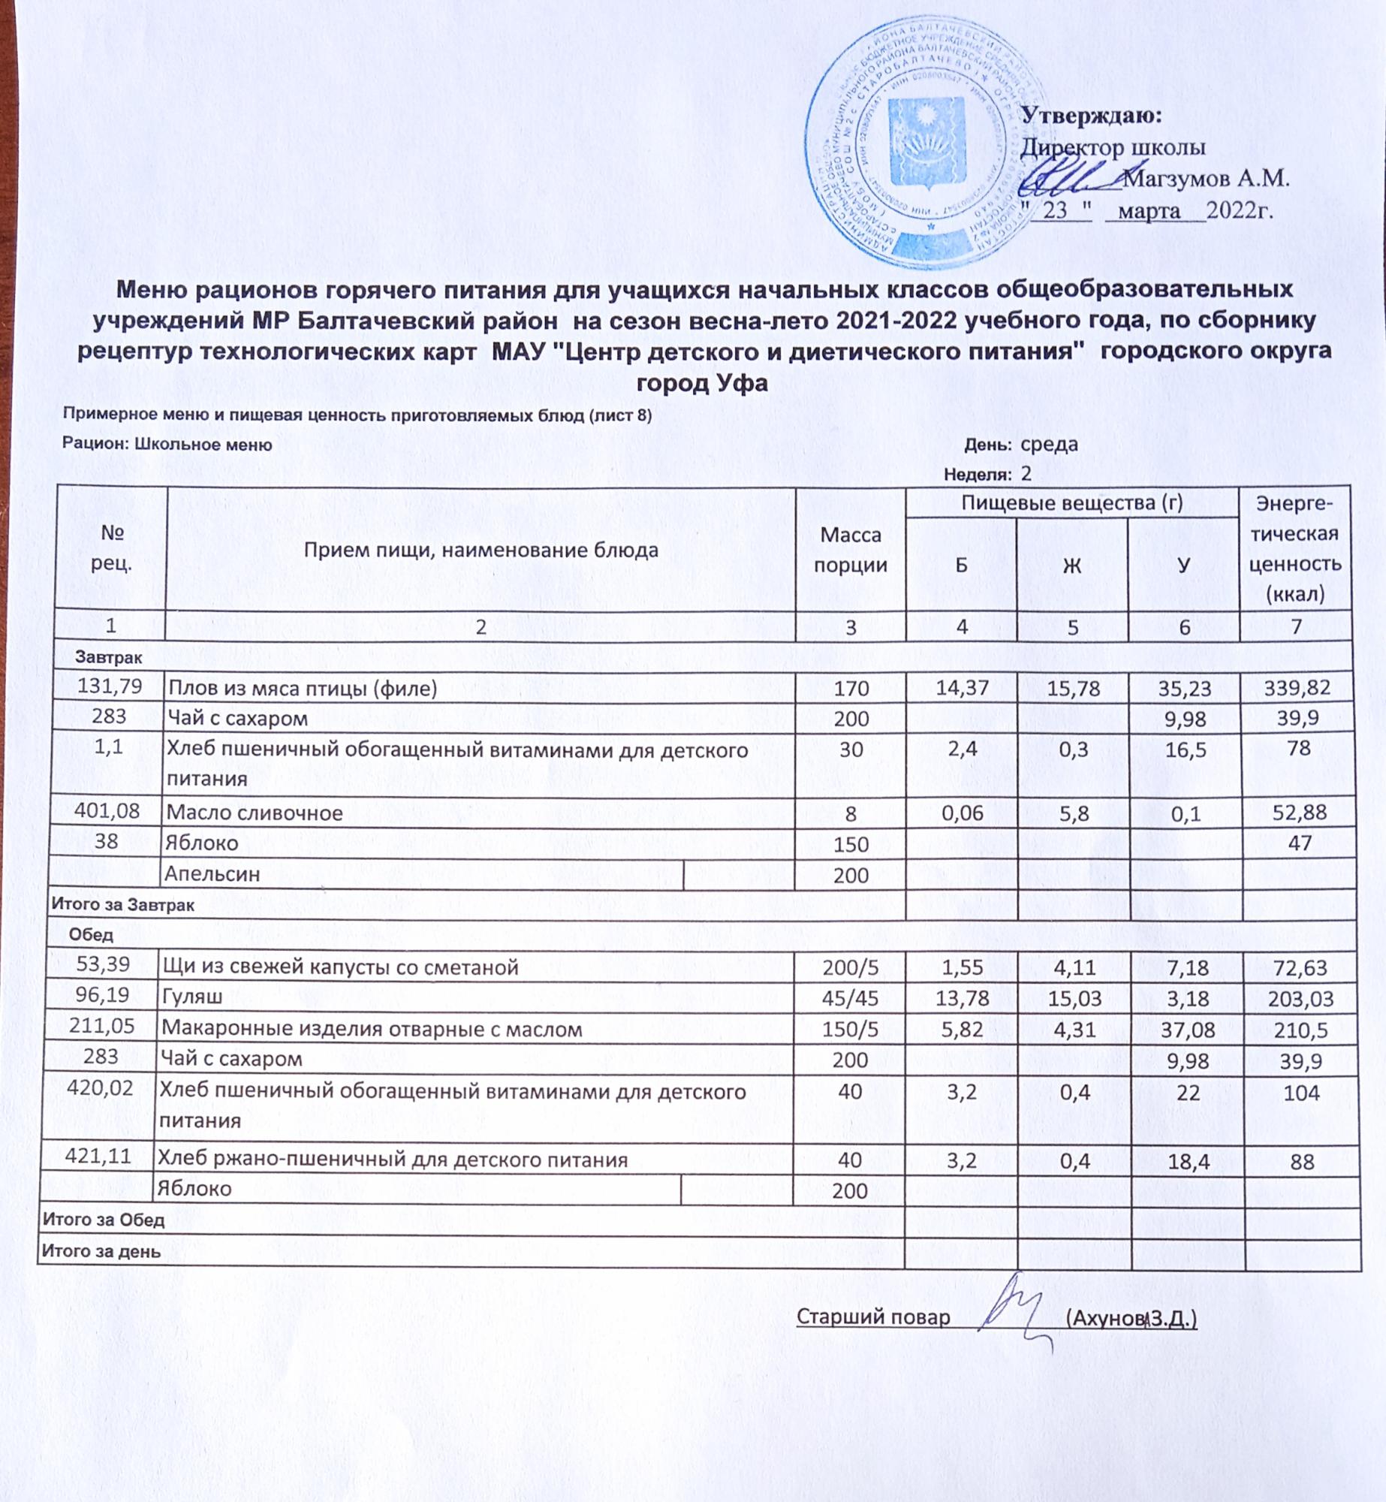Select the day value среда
[1049, 444]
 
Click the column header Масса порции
[850, 550]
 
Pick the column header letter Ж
[1071, 565]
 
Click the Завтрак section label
[108, 658]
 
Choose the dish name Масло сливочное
[255, 813]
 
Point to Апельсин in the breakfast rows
[212, 874]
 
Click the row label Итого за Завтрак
[123, 905]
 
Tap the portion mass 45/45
[850, 999]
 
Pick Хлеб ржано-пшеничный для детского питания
[392, 1160]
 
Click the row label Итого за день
[101, 1252]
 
